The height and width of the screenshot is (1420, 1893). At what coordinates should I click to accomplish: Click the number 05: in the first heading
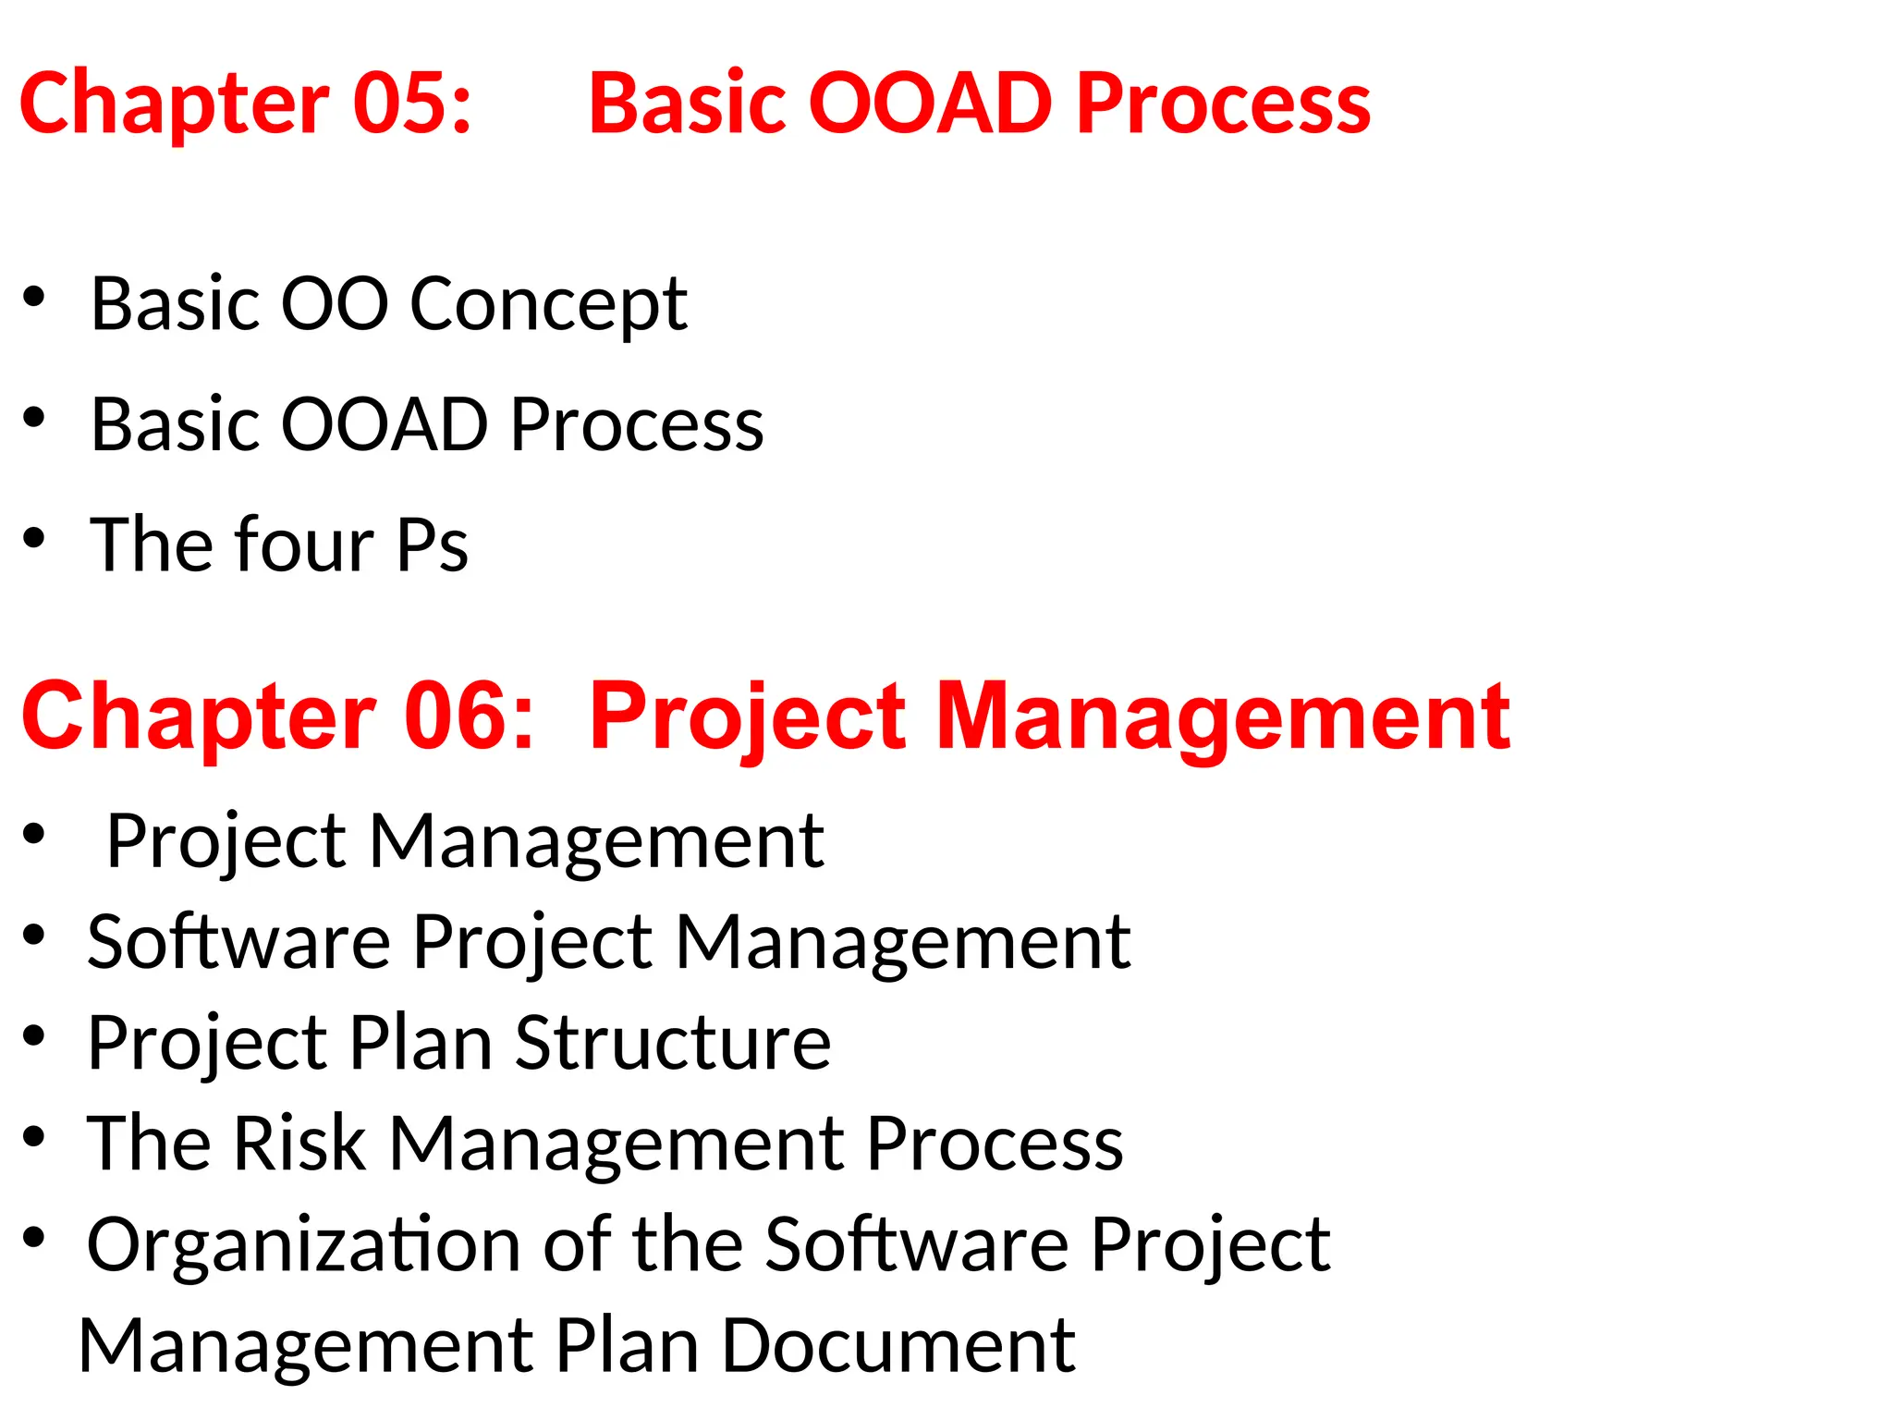coord(412,103)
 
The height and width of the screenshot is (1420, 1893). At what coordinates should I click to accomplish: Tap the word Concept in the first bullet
coord(548,305)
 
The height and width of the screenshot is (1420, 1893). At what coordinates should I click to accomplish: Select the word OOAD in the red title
coord(931,103)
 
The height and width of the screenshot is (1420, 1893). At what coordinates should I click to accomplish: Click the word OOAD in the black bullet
coord(384,424)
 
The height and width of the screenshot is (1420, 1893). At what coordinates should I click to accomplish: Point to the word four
coord(304,545)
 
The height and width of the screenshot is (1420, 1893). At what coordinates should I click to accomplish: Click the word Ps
coord(433,545)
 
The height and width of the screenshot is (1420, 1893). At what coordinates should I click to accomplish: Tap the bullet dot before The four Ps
coord(34,538)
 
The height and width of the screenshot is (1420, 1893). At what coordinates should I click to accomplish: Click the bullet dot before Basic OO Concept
coord(34,297)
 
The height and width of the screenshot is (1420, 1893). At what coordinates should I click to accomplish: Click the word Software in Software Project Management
coord(238,942)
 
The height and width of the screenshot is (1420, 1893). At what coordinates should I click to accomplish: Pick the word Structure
coord(673,1043)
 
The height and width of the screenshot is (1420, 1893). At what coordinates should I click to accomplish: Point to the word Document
coord(898,1346)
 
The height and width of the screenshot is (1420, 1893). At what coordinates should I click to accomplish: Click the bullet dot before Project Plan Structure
coord(34,1036)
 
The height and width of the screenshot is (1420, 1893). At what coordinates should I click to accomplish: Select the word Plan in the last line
coord(626,1346)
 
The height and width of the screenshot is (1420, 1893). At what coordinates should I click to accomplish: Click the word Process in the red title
coord(1223,103)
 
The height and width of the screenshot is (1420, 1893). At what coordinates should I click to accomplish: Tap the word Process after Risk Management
coord(995,1144)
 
